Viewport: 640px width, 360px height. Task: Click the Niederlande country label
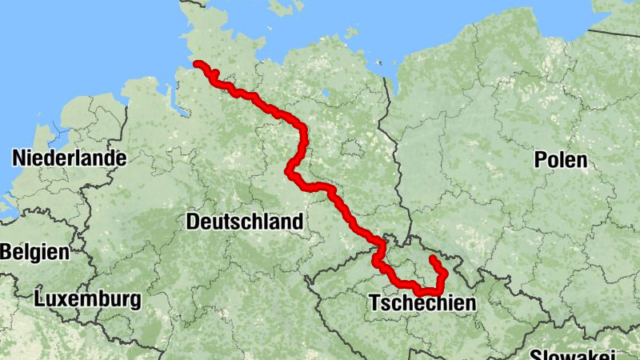69,158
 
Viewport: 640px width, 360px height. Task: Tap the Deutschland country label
245,222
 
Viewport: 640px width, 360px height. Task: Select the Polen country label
561,160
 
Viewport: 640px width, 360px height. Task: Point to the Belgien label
34,252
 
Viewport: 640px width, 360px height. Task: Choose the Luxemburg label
88,300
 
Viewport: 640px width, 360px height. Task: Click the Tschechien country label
422,303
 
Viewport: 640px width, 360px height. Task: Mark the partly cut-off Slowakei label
571,354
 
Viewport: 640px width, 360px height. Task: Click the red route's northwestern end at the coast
197,64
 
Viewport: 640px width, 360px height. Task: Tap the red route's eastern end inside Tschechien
432,258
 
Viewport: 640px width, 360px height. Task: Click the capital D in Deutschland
193,222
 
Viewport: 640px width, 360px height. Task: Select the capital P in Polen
540,160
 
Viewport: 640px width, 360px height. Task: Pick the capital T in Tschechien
374,303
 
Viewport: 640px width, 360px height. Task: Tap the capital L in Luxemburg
40,300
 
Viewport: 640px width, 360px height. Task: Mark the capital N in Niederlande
18,158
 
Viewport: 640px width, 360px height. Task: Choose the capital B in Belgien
6,252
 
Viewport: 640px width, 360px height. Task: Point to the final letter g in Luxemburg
136,302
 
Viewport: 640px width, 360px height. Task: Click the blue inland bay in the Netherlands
56,128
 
